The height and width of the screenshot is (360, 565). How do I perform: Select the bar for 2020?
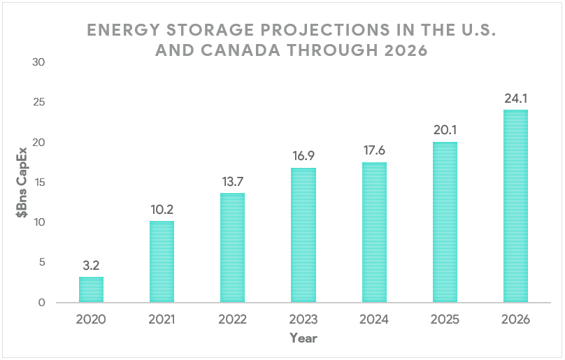[x=91, y=289]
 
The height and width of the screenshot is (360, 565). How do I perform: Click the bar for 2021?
[x=162, y=261]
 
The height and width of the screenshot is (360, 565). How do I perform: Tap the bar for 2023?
[x=303, y=235]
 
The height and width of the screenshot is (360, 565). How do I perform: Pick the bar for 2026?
[x=516, y=206]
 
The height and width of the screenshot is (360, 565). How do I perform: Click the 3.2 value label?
[x=91, y=266]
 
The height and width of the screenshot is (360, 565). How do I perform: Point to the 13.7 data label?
[x=232, y=182]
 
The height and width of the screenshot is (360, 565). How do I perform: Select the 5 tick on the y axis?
[x=41, y=262]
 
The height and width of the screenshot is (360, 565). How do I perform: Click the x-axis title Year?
[x=303, y=338]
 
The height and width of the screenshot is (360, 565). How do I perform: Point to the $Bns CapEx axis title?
[x=22, y=182]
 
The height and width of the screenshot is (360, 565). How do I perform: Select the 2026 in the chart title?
[x=402, y=51]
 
